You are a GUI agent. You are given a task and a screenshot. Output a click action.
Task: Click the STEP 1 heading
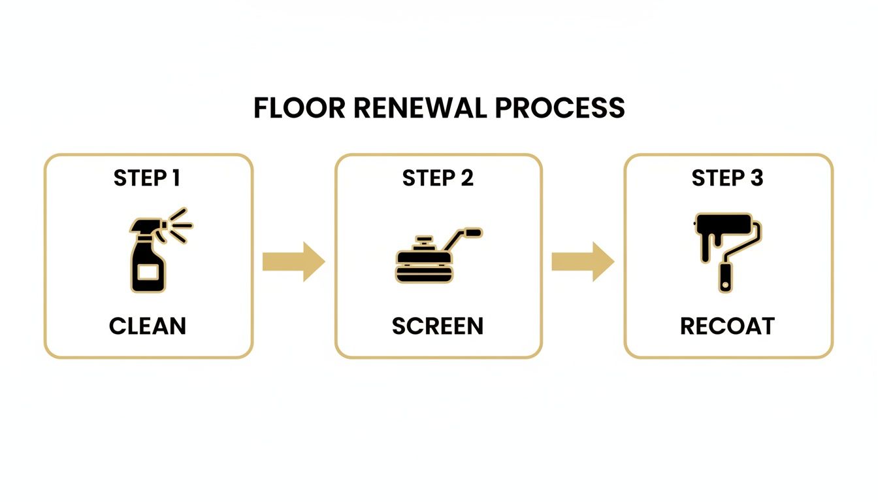point(147,178)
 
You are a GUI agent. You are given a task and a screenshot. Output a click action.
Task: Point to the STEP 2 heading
point(438,178)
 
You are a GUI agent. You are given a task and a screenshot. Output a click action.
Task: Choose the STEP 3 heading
point(727,178)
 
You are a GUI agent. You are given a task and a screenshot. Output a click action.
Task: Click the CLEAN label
point(148,326)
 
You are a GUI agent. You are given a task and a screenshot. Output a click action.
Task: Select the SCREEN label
point(438,326)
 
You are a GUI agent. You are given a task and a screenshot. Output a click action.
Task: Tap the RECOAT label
point(727,326)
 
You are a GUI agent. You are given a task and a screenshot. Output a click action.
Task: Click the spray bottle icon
point(148,255)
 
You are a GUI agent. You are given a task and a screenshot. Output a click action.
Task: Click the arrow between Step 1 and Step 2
point(293,261)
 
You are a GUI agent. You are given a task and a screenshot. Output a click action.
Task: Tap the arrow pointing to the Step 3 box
point(583,261)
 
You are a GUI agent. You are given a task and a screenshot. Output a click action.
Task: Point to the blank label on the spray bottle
point(147,271)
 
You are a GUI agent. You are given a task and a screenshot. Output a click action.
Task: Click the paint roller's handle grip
point(725,277)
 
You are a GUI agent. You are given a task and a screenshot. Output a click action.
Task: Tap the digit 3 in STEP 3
point(756,178)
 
